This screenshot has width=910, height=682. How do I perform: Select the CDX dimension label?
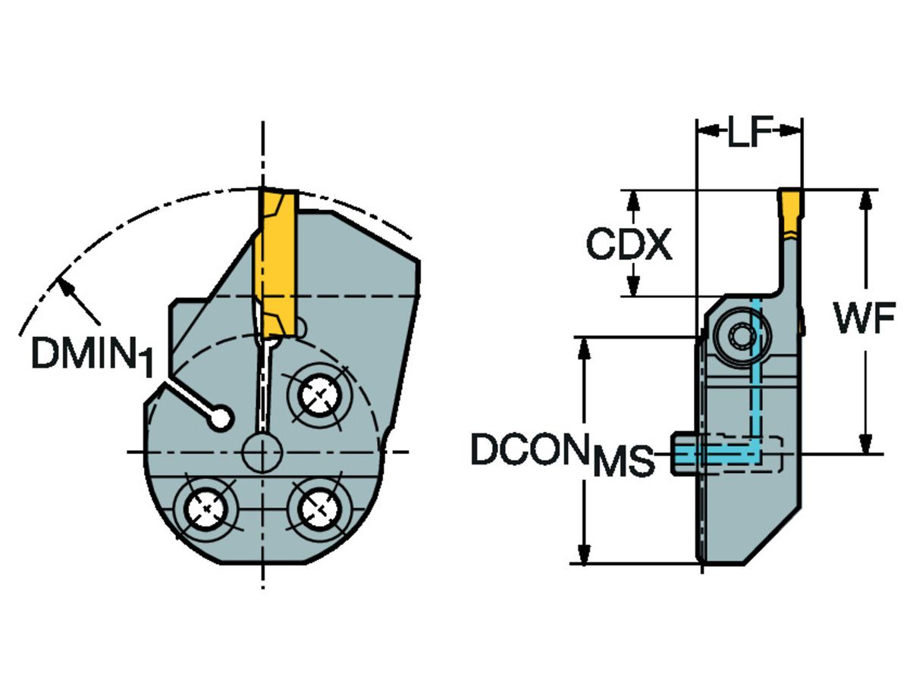[x=630, y=245]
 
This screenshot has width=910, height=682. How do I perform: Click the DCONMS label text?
[x=562, y=454]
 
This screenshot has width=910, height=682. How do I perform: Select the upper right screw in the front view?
[x=317, y=393]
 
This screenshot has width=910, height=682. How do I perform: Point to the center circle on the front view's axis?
[x=262, y=452]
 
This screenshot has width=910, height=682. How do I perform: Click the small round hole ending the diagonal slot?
[x=222, y=417]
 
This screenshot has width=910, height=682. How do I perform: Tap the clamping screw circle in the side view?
[x=739, y=334]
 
